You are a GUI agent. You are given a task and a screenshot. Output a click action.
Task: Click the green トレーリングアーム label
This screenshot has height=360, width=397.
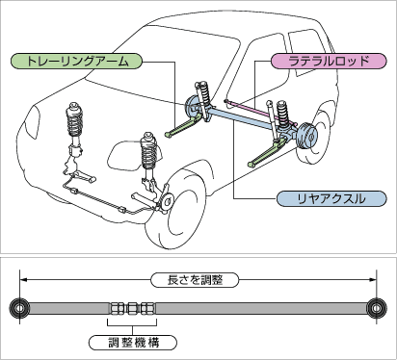point(76,61)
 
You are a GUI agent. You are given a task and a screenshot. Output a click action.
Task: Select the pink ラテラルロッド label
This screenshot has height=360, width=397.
point(329,61)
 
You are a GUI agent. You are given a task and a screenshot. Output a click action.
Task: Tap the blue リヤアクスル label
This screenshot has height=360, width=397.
point(331,199)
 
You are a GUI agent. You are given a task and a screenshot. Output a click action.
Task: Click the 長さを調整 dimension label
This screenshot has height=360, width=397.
point(195,280)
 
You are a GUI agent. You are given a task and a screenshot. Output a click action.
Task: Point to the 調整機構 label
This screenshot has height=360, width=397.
point(133,343)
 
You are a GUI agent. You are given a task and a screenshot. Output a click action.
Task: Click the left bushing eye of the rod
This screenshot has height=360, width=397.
point(19,308)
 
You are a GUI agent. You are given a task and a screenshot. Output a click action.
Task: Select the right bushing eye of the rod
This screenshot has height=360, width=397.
point(377,308)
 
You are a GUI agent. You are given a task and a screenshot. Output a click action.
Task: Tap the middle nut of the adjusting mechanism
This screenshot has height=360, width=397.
point(132,309)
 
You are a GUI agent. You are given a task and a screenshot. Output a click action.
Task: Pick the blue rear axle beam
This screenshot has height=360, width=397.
point(240,118)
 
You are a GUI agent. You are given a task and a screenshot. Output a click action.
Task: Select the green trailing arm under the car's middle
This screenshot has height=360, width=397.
point(184,126)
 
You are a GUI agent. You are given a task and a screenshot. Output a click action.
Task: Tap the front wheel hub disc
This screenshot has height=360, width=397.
point(168,201)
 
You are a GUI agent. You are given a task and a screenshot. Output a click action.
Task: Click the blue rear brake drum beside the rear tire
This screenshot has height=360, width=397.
point(306,137)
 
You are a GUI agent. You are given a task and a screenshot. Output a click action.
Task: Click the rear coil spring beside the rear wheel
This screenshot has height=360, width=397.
point(281,115)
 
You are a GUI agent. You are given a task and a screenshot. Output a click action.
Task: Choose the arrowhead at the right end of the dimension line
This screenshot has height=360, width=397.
point(373,280)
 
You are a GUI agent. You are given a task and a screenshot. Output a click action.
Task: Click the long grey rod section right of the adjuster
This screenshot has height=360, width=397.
point(261,308)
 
